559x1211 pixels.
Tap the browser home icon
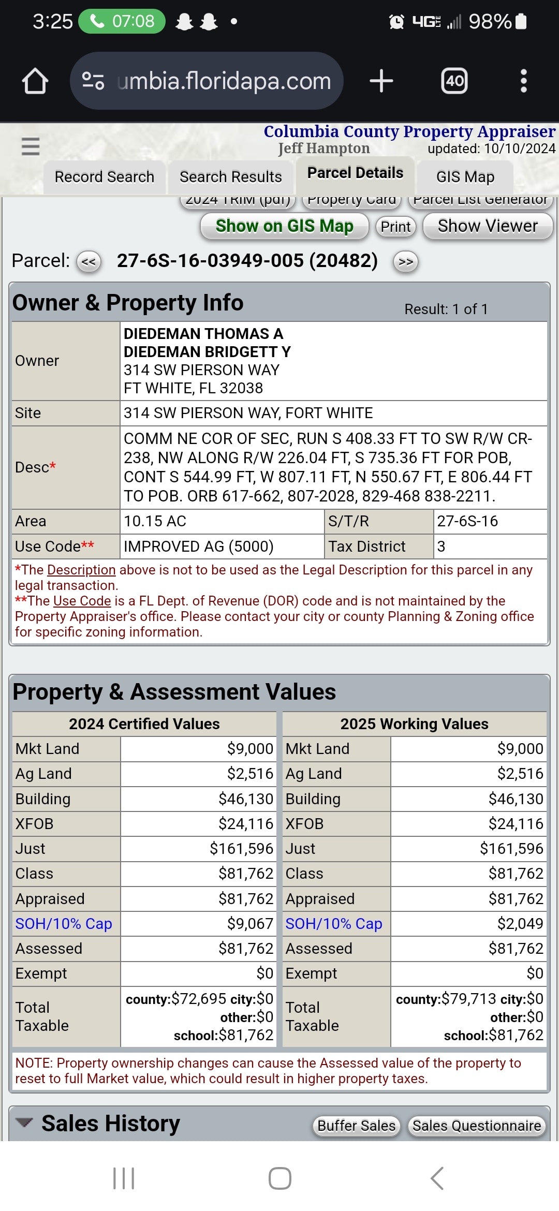[35, 81]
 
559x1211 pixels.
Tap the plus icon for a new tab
[381, 81]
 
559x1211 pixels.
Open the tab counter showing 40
[454, 81]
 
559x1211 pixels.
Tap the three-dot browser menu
[524, 81]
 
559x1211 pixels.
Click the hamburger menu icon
[31, 146]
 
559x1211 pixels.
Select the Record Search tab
[105, 177]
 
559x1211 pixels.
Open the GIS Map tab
[465, 177]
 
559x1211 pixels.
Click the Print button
[396, 227]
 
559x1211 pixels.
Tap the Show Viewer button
[488, 226]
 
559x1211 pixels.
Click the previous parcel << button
[89, 261]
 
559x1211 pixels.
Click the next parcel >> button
[406, 261]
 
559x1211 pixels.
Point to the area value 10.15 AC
[155, 521]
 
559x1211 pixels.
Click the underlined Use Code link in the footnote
[82, 601]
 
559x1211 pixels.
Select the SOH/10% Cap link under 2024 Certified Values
[64, 924]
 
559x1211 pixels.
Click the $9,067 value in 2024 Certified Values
[250, 924]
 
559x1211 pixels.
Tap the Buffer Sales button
[357, 1126]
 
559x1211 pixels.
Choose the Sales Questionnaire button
[477, 1126]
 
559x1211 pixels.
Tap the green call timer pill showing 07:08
[122, 21]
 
